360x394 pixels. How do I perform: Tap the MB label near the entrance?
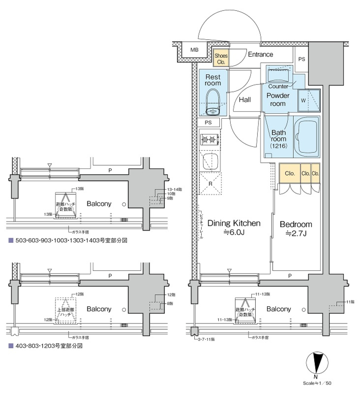pos(194,50)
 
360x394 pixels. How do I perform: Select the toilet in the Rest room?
pos(213,101)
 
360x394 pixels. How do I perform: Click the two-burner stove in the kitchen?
pos(210,140)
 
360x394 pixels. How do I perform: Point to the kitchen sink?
pos(210,162)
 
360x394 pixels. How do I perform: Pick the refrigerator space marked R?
pos(210,184)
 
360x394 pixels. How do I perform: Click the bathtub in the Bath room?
pos(306,137)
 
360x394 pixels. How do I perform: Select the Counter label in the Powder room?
pos(278,86)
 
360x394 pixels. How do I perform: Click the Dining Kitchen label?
pos(234,224)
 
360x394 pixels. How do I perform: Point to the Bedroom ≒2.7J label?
pos(296,229)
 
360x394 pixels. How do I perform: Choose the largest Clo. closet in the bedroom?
pos(289,173)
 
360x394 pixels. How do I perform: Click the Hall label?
pos(244,100)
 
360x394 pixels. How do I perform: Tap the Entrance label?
pos(260,54)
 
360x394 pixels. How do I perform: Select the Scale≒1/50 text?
pos(317,383)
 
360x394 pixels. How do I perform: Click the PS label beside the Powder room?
pos(301,59)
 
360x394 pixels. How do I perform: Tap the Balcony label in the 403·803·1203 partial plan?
pos(99,309)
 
